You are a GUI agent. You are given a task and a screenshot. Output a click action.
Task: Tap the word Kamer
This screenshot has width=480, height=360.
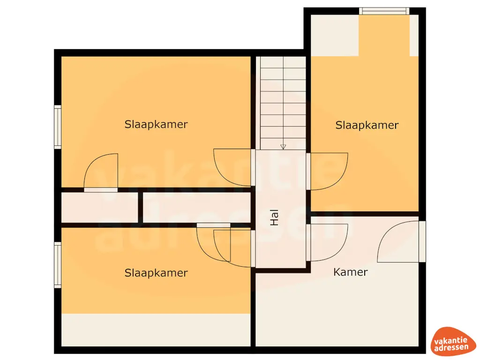pyautogui.click(x=350, y=272)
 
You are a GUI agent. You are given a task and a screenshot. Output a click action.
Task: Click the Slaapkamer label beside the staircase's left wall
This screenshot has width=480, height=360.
pyautogui.click(x=156, y=124)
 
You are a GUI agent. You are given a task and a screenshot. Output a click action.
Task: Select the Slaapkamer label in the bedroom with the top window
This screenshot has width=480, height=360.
pyautogui.click(x=367, y=125)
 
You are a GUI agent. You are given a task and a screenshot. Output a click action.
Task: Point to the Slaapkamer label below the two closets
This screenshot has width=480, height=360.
pyautogui.click(x=156, y=273)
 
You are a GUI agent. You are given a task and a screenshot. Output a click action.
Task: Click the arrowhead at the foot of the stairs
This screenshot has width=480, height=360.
pyautogui.click(x=283, y=147)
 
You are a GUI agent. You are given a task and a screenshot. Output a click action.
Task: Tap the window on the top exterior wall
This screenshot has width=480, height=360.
pyautogui.click(x=384, y=11)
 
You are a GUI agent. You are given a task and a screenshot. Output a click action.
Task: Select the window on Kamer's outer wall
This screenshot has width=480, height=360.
pyautogui.click(x=422, y=241)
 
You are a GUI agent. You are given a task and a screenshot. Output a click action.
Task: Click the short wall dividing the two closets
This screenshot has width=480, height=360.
pyautogui.click(x=140, y=207)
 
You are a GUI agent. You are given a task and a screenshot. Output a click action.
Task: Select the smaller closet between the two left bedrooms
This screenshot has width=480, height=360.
pyautogui.click(x=99, y=207)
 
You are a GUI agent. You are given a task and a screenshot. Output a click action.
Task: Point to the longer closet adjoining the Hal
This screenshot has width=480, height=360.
pyautogui.click(x=197, y=207)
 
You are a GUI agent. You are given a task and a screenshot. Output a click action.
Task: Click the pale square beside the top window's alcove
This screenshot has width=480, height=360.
pyautogui.click(x=335, y=35)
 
